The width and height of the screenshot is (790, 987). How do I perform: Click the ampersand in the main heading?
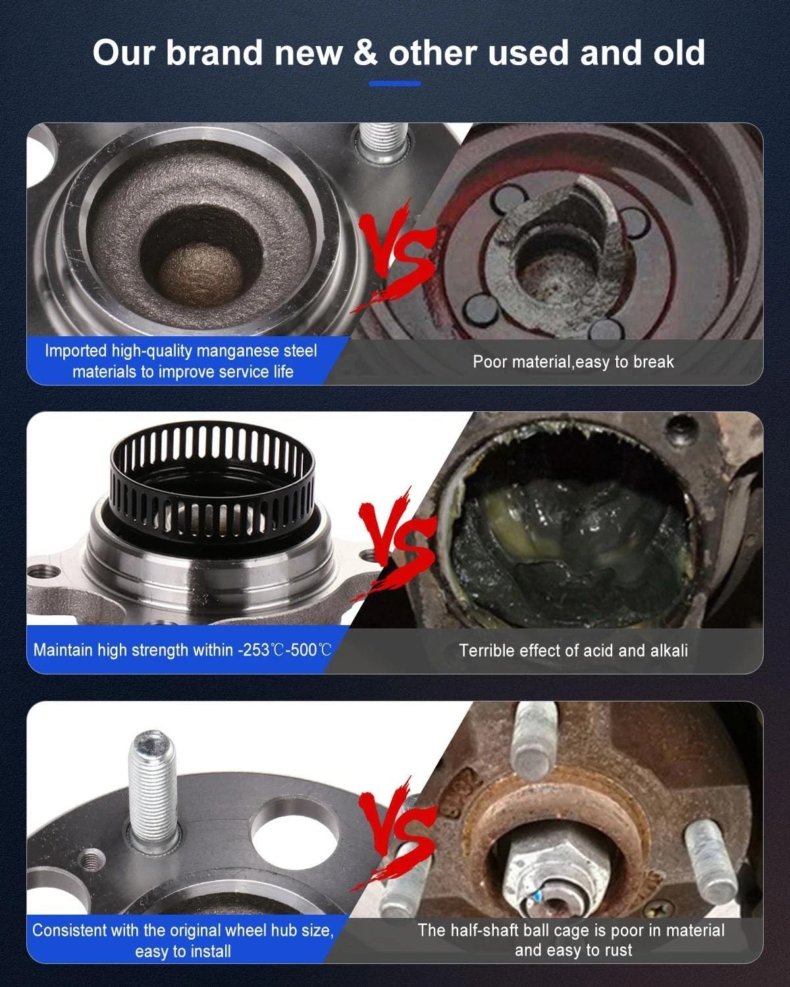(365, 53)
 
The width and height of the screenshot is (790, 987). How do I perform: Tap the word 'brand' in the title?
(214, 52)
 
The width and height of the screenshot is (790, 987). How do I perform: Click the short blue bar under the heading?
(395, 84)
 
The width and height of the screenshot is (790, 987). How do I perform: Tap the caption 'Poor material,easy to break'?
(573, 362)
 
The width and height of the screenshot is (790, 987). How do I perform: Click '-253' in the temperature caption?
(254, 650)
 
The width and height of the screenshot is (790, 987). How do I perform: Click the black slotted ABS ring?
(213, 479)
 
